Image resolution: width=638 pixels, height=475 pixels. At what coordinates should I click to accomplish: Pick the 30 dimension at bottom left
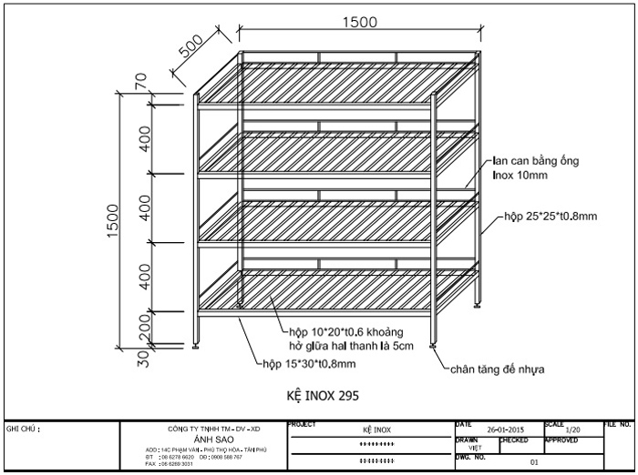[143, 358]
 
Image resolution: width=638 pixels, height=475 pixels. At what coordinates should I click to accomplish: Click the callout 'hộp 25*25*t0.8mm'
[551, 217]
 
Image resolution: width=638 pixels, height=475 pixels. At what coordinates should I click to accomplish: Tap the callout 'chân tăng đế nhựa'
[496, 369]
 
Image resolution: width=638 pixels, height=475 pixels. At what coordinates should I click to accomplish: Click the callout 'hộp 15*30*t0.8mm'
[304, 362]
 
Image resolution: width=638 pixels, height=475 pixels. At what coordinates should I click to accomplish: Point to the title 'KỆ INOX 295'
[317, 396]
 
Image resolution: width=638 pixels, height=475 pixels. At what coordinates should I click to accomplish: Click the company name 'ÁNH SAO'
[214, 439]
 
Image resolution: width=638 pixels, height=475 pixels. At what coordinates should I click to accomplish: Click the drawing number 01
[535, 462]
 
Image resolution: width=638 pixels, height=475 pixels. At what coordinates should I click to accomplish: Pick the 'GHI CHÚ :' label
[24, 426]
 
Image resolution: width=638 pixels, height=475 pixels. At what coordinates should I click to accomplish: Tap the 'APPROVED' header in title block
[562, 440]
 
